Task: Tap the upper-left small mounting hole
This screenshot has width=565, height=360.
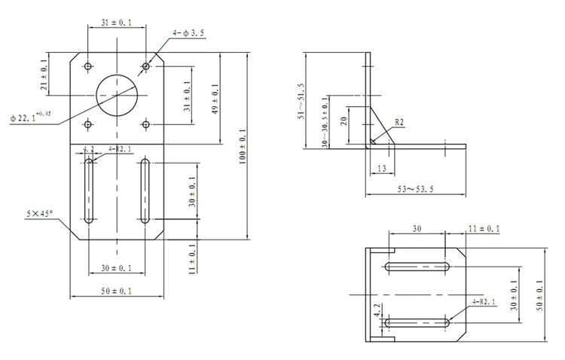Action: pyautogui.click(x=88, y=66)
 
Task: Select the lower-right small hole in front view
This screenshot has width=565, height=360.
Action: pyautogui.click(x=145, y=125)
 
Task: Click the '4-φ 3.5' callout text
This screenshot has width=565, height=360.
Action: pyautogui.click(x=188, y=33)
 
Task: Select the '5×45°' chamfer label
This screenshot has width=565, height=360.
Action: pyautogui.click(x=39, y=214)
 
